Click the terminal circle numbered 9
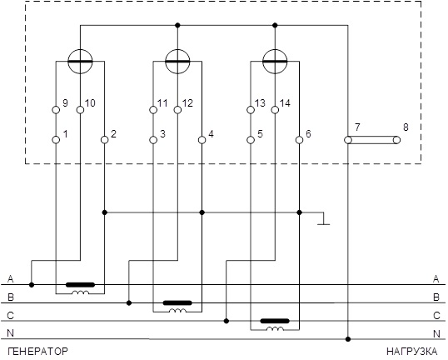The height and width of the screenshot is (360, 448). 56,110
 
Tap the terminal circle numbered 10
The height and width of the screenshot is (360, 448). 80,110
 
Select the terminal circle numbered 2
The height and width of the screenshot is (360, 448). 105,140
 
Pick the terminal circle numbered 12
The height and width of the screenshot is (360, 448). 177,110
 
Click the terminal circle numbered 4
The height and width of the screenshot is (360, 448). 202,140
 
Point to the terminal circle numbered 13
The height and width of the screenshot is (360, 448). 251,110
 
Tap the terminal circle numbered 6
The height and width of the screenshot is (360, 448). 300,140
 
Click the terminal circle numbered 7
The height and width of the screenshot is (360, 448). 348,140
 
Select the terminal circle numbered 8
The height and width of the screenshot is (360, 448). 396,140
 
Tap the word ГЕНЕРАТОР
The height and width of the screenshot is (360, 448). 37,351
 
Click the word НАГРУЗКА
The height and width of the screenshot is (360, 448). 411,351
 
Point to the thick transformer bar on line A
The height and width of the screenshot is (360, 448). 80,285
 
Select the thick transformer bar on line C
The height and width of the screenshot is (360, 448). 275,321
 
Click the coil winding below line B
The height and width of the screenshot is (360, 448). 177,310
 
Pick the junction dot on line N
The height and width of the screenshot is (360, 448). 348,339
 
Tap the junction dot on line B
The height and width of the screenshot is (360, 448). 129,302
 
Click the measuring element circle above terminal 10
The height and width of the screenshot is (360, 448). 80,61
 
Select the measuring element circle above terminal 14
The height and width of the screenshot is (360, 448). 275,61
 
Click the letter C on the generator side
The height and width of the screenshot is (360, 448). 10,315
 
